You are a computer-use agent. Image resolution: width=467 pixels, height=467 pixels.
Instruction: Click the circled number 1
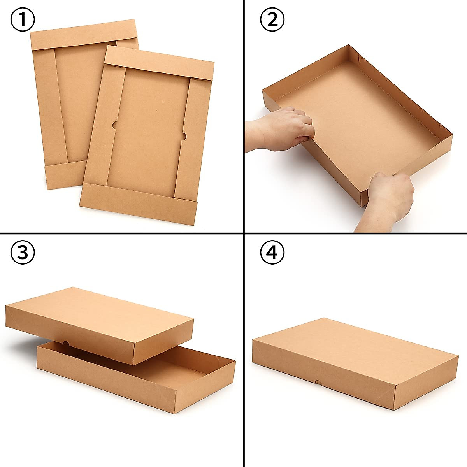tap(22, 20)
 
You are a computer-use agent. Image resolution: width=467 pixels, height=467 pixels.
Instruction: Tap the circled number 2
tap(272, 20)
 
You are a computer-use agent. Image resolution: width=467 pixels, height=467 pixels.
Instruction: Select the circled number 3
tap(22, 253)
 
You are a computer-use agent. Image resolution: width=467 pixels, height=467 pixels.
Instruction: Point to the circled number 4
tap(272, 253)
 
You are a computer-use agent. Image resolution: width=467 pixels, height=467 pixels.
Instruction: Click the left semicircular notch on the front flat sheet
tap(115, 125)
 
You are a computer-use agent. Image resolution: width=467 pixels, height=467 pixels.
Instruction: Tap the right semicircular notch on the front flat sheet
tap(183, 137)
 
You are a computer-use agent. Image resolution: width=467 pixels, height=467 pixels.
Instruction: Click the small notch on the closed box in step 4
tap(317, 383)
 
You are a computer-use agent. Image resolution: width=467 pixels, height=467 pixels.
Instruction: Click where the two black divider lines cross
tap(244, 233)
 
